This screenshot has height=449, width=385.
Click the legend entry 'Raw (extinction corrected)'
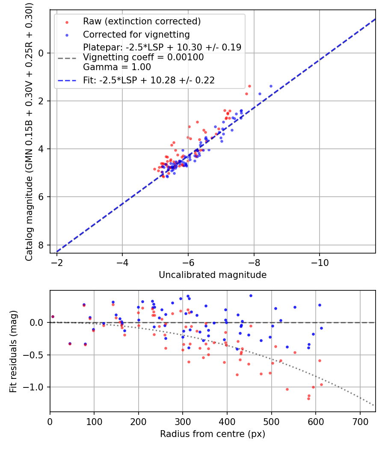click(x=142, y=21)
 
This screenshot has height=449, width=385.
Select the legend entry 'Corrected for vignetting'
click(x=136, y=34)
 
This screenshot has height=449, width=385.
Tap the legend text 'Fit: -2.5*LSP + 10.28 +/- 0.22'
click(x=149, y=80)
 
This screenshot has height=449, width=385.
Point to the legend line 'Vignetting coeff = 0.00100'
click(x=143, y=57)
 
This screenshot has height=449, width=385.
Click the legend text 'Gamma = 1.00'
click(x=117, y=67)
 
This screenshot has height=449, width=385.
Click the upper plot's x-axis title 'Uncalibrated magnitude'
click(x=213, y=275)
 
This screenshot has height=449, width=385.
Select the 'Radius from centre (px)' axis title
click(x=213, y=434)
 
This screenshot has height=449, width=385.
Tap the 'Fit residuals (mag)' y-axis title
click(x=13, y=352)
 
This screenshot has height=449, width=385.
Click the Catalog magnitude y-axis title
click(x=29, y=130)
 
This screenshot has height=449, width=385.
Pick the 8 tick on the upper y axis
click(x=42, y=245)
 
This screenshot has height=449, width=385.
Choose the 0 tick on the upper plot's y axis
click(x=42, y=53)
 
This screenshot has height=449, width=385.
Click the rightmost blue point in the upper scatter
click(x=271, y=86)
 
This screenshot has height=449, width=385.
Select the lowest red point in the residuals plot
click(x=308, y=399)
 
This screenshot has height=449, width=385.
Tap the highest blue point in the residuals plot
click(x=251, y=295)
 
